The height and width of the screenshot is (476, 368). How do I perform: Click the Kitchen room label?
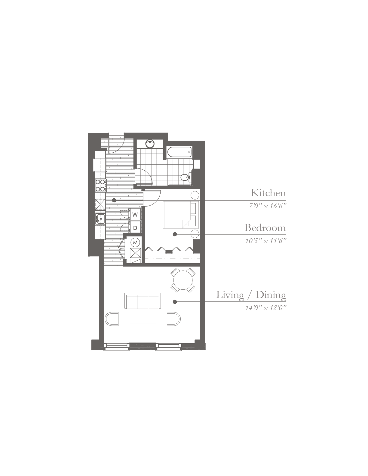pos(268,193)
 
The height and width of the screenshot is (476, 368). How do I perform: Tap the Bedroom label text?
pos(265,228)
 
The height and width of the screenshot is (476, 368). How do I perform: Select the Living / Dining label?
pos(251,295)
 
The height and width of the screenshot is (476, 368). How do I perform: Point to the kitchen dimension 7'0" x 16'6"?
pos(268,206)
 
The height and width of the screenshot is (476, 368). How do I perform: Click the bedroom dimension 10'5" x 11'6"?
pos(266,241)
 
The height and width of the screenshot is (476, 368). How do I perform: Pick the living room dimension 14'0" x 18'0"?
pos(266,308)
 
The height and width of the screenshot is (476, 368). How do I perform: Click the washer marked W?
pos(135,215)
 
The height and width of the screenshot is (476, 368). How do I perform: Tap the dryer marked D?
pos(135,228)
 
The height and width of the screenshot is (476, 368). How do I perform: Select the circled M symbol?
pos(135,243)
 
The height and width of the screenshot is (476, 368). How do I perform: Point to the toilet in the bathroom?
pos(186,177)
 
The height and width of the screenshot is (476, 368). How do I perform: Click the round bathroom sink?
pos(150,144)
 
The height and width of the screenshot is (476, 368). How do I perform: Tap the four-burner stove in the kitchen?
pos(101,185)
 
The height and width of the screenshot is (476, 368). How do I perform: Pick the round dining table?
pos(183,280)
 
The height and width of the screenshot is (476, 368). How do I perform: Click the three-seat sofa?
pos(143,301)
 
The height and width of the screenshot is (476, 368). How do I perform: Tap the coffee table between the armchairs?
pos(143,319)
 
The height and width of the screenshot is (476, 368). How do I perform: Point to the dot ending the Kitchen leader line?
pos(114,200)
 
